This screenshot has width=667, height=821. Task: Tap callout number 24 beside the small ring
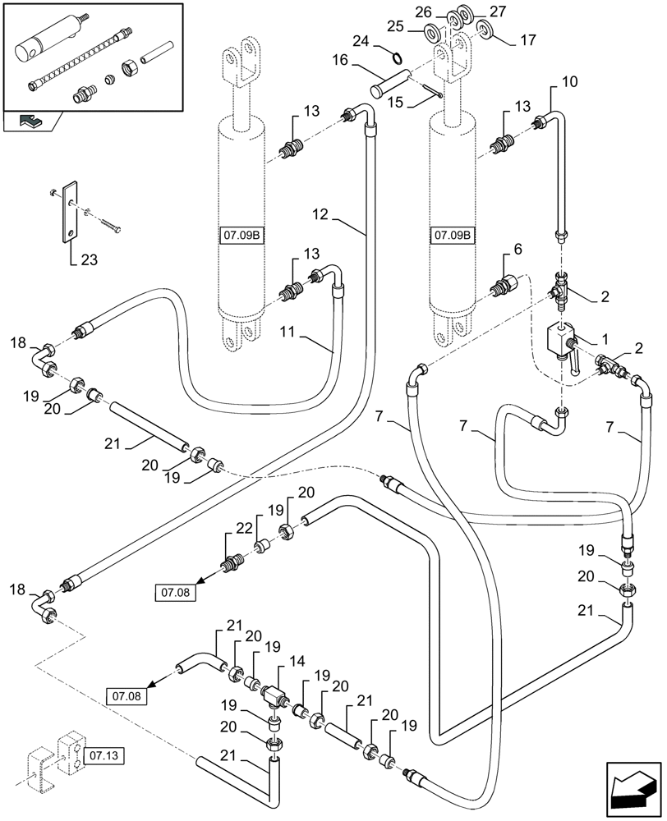click(x=362, y=40)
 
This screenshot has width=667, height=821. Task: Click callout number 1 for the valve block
click(x=605, y=338)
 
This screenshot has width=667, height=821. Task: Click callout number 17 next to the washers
click(x=527, y=38)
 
